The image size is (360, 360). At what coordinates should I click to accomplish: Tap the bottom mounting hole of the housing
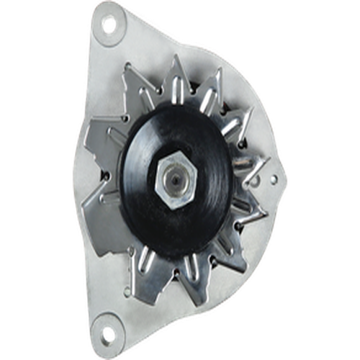[x=109, y=334]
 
